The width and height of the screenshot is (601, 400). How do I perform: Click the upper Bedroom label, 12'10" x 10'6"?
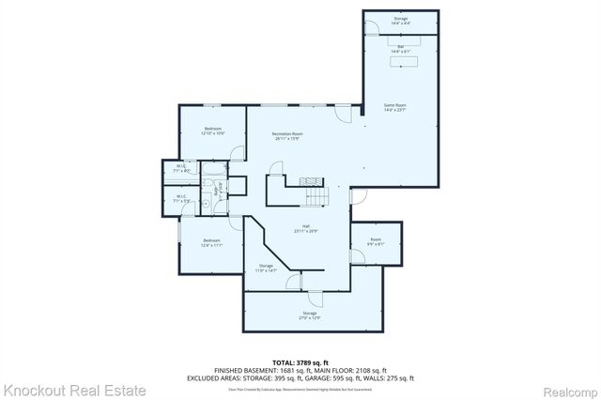tap(212, 131)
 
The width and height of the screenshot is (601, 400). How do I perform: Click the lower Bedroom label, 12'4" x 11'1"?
tap(211, 243)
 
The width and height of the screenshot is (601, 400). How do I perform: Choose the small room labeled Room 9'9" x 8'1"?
tap(376, 242)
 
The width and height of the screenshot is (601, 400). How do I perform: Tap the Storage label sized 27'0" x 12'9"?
tap(310, 315)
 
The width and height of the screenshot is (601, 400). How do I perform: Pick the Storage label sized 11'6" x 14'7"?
tap(267, 268)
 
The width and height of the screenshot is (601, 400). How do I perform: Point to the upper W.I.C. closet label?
tap(182, 170)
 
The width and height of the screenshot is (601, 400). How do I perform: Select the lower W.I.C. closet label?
tap(182, 198)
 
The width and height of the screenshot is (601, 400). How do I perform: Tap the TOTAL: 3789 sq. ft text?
tap(300, 361)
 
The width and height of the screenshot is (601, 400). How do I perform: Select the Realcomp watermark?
tap(567, 389)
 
